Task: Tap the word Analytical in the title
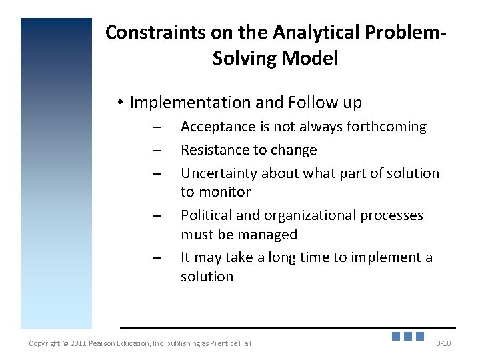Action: [301, 32]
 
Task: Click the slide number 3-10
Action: [443, 343]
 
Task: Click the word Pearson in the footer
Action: [105, 343]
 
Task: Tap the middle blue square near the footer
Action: [408, 336]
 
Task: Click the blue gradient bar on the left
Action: [56, 173]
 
